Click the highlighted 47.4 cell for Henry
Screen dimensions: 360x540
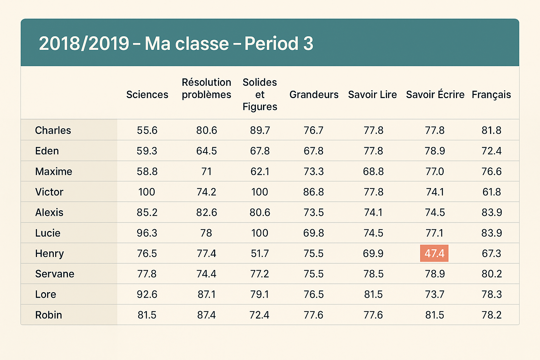point(434,253)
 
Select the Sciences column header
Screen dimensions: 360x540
point(147,95)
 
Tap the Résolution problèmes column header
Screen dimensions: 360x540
point(206,89)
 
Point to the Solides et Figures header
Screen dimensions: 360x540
point(260,95)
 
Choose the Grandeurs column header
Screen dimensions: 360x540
point(314,95)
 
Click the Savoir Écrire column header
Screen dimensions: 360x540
point(435,95)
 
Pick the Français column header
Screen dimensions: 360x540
point(491,95)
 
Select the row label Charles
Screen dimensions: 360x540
point(53,130)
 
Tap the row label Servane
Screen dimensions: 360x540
point(54,274)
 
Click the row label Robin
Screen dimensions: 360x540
point(49,315)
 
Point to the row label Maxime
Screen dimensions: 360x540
point(53,172)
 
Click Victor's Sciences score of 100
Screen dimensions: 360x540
point(147,192)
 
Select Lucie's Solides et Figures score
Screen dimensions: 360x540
point(260,233)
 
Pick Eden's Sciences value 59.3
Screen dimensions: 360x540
point(147,151)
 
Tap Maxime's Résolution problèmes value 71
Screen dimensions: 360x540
point(206,172)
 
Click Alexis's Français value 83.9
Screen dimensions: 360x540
point(491,213)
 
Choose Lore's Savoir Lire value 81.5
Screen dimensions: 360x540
point(373,295)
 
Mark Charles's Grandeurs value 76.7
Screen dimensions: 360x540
point(314,130)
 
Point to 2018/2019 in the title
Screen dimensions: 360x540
point(84,44)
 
